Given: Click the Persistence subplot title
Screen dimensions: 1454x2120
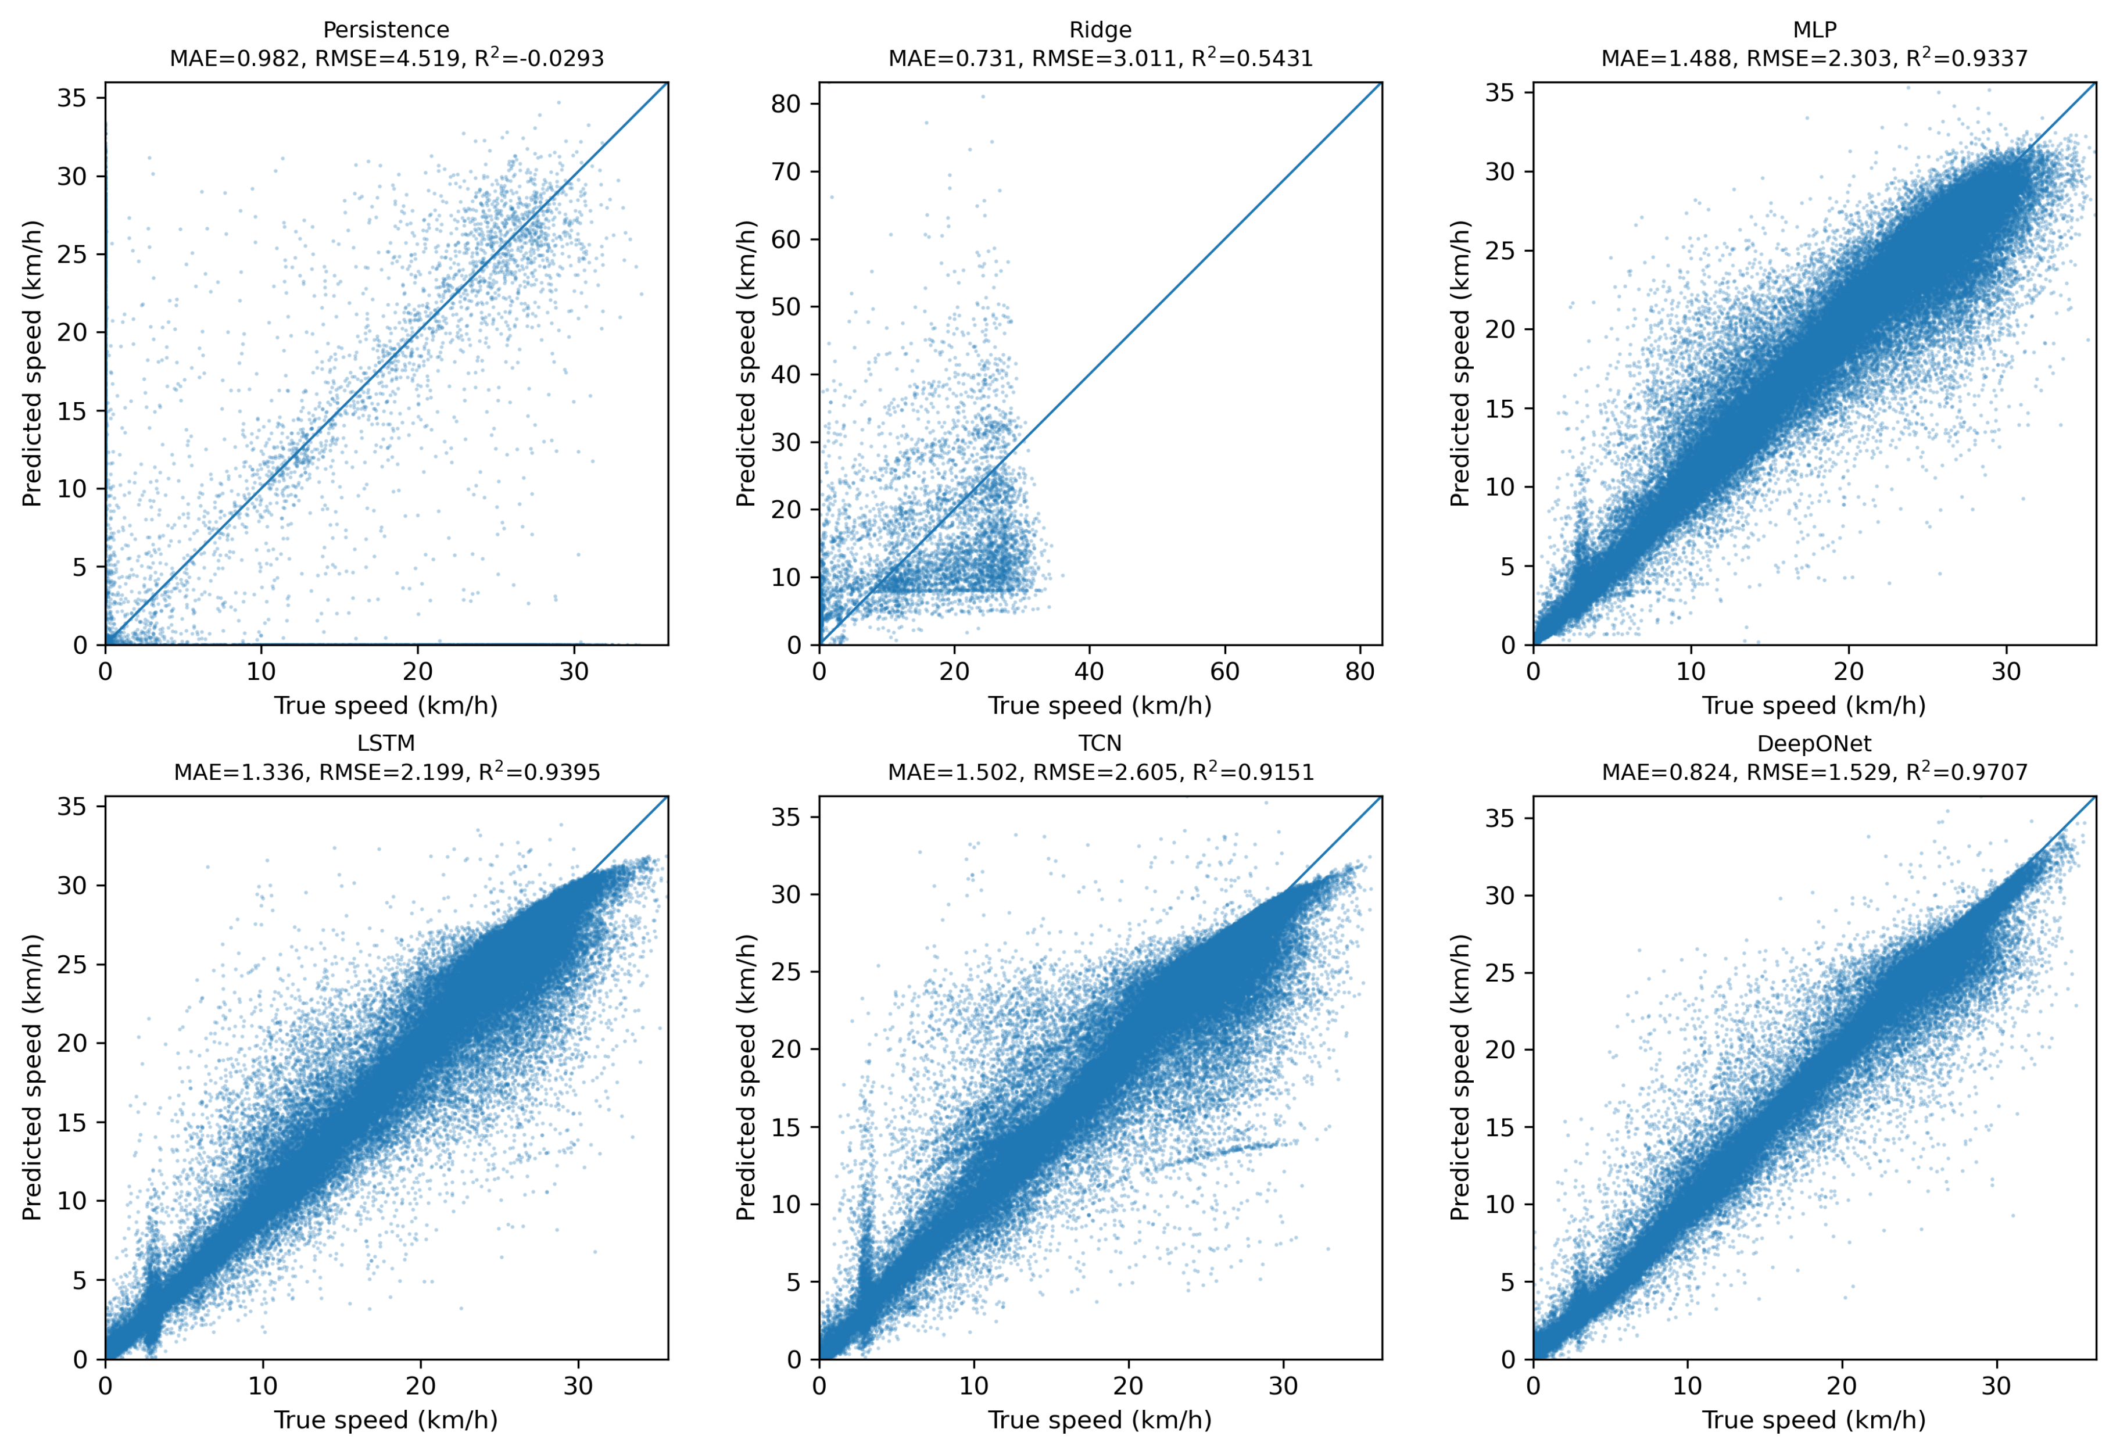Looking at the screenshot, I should point(386,30).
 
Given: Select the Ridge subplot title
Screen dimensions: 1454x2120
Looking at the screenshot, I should point(1100,30).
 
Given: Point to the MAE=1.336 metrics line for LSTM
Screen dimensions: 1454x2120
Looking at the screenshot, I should point(387,772).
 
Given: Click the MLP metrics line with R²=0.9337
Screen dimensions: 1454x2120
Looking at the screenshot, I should point(1814,58).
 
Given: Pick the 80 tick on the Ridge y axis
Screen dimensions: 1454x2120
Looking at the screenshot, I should point(786,104).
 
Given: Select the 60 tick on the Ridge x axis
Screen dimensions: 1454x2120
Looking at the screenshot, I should point(1224,672).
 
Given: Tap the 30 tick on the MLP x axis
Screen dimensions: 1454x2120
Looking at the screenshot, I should point(2006,672).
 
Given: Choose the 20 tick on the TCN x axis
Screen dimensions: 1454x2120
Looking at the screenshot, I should point(1129,1387).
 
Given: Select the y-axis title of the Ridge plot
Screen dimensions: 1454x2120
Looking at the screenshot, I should point(746,363).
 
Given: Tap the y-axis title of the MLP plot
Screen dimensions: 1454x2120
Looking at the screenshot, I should point(1460,363).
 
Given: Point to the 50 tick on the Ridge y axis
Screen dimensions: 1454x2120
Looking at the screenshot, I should point(786,307).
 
